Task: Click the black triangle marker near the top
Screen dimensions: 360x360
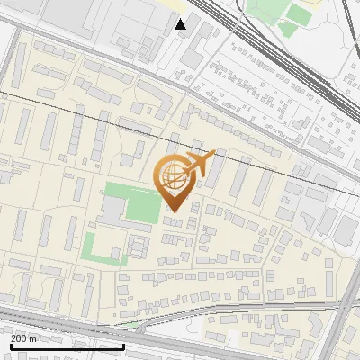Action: (181, 23)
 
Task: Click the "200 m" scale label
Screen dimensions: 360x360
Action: (23, 338)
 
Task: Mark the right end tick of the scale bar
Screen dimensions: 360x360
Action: (123, 345)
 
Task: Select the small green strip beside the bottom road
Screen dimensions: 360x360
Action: (130, 322)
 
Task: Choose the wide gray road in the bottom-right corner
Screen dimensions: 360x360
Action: (346, 324)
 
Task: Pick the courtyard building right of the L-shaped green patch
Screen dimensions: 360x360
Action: (138, 245)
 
